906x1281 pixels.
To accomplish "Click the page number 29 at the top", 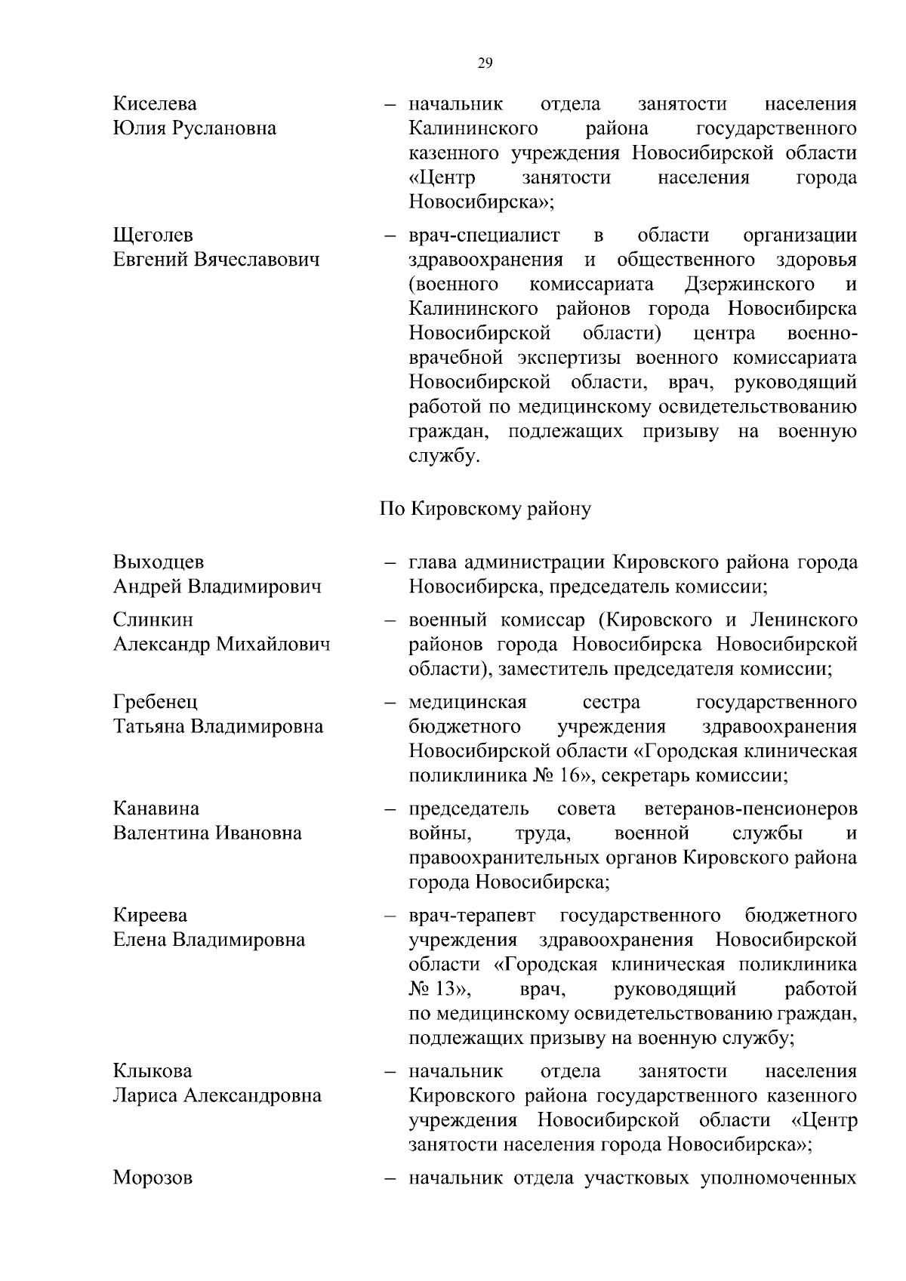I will click(x=485, y=64).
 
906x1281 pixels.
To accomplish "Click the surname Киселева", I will click(x=155, y=103).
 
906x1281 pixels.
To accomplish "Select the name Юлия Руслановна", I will click(x=195, y=128).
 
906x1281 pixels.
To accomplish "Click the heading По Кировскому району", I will click(x=485, y=509).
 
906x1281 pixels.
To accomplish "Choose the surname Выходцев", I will click(x=159, y=562).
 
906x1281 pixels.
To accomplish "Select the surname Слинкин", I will click(x=153, y=620).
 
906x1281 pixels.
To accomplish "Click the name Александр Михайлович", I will click(x=221, y=645).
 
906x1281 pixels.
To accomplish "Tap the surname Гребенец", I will click(x=156, y=702).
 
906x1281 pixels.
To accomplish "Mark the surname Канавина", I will click(x=156, y=808).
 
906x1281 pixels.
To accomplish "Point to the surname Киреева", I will click(x=150, y=916).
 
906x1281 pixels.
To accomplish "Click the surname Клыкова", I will click(x=153, y=1071).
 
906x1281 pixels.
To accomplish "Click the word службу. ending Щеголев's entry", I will click(x=445, y=457).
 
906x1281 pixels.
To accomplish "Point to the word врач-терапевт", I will click(x=473, y=916).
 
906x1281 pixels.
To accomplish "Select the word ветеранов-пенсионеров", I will click(x=751, y=808).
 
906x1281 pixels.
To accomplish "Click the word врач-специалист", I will click(x=484, y=236).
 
